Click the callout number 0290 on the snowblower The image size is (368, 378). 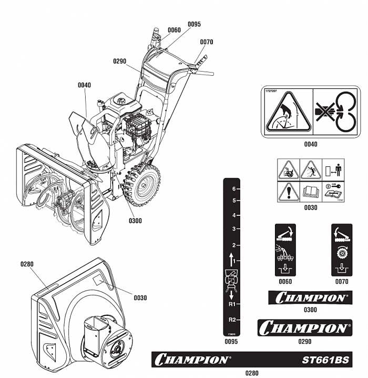(x=120, y=62)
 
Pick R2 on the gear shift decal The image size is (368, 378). (x=231, y=320)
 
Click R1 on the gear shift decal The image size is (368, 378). (x=231, y=304)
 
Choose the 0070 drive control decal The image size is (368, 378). (x=341, y=250)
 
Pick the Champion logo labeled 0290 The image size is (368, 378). (x=304, y=328)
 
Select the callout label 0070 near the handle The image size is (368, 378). (x=206, y=42)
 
